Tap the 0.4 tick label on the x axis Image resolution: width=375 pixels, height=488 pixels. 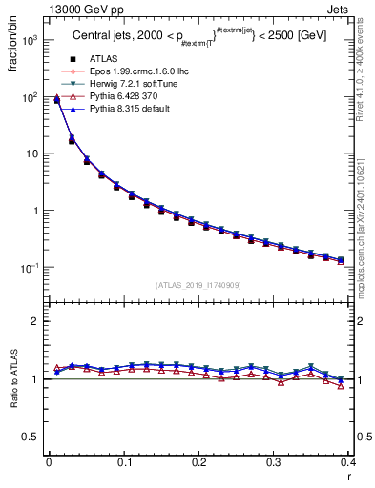pos(350,461)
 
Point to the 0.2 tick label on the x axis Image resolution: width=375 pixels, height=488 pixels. pos(199,461)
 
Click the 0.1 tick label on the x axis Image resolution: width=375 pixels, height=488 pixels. pos(124,461)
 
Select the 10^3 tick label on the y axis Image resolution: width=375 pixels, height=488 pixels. pos(30,41)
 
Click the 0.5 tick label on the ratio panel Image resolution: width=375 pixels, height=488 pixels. pos(31,437)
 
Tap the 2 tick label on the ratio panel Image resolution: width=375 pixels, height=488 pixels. pos(35,322)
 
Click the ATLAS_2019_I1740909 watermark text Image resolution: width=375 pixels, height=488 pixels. pos(198,285)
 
